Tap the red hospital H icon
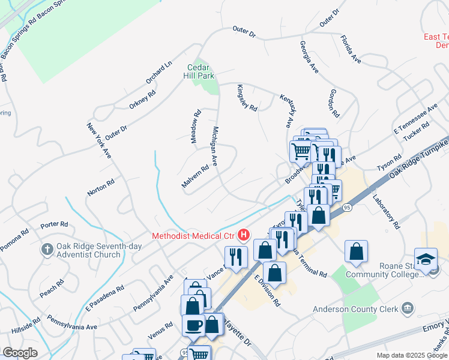tap(243, 235)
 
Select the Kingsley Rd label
tap(247, 97)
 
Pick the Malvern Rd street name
tap(194, 176)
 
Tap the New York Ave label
tap(99, 140)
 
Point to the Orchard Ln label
tap(158, 72)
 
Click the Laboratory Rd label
tap(385, 211)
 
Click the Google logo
tap(20, 353)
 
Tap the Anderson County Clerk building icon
tap(408, 308)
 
